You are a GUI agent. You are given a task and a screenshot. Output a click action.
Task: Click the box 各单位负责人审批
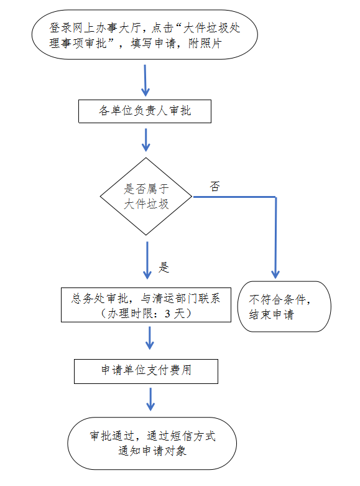pos(145,111)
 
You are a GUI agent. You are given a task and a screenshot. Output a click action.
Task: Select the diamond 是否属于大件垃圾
pos(146,197)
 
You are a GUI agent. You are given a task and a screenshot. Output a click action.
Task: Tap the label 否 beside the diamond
pos(215,186)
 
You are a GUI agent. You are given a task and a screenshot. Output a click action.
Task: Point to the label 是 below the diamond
pos(164,267)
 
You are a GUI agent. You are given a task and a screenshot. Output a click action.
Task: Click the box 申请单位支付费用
pos(146,372)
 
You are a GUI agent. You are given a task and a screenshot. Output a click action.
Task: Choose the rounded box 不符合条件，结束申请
pos(284,307)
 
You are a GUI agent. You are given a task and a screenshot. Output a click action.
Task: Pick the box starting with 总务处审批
pos(146,305)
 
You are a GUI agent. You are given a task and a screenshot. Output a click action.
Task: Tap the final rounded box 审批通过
pos(152,443)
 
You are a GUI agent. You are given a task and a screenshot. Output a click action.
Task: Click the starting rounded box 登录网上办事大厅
pos(145,34)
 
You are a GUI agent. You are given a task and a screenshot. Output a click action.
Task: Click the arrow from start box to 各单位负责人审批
pos(145,80)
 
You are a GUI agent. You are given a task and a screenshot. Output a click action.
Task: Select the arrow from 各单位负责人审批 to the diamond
pos(145,140)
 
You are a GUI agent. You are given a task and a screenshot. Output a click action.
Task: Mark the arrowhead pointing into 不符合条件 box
pos(275,274)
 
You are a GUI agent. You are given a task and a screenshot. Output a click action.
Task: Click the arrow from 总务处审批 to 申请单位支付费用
pos(150,338)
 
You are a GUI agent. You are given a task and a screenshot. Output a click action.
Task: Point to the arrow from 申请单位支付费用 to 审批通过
pos(150,400)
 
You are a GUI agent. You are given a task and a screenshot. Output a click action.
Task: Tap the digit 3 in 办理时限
pos(167,314)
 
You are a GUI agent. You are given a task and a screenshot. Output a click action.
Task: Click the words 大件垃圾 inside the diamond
pos(146,204)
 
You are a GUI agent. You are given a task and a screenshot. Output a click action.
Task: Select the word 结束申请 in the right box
pos(271,315)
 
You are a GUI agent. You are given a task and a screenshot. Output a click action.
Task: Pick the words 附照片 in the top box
pos(205,43)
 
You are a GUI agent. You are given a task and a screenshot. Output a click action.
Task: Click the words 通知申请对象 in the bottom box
pos(152,451)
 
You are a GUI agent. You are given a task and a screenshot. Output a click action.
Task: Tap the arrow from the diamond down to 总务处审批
pos(147,260)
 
